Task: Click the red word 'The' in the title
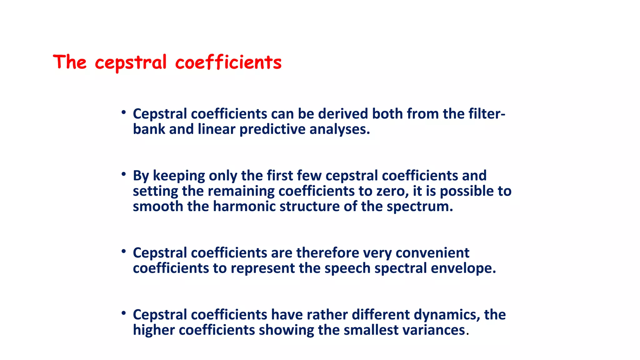(70, 62)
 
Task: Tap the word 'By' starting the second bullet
(141, 176)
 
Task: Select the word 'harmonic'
(244, 207)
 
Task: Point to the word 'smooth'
(158, 207)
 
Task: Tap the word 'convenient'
(432, 253)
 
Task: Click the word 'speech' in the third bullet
(347, 268)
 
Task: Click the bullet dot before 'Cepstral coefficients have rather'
(124, 313)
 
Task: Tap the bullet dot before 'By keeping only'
(124, 174)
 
